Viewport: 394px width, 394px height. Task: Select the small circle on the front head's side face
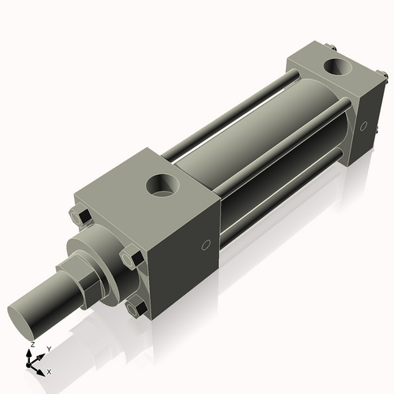coord(206,245)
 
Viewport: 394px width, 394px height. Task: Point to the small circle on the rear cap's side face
coord(363,125)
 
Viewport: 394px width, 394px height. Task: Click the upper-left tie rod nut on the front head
coord(80,216)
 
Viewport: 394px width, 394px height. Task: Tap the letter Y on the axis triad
coord(49,348)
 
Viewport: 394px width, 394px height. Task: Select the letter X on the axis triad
coord(49,370)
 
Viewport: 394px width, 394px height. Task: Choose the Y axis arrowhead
coord(42,354)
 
